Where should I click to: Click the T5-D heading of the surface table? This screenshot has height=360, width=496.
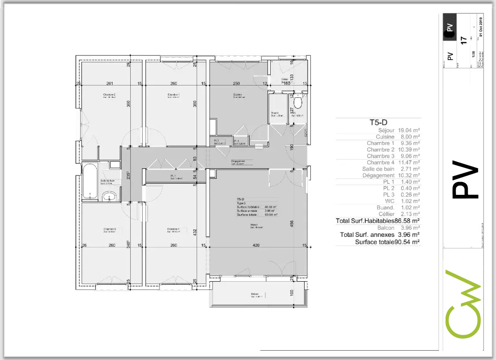tap(379, 123)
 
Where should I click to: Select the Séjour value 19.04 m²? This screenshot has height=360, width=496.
tap(409, 131)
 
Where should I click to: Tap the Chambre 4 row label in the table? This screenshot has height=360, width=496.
tap(380, 163)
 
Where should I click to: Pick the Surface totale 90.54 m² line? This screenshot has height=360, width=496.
tap(387, 242)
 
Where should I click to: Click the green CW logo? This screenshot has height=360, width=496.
tap(463, 303)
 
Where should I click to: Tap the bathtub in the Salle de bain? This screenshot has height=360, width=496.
tap(90, 182)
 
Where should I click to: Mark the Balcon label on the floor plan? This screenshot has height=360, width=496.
tap(255, 294)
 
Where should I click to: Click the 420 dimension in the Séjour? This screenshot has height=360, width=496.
tap(256, 245)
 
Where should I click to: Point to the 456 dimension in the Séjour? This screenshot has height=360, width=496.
tap(291, 224)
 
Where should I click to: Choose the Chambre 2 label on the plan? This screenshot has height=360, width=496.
tap(109, 95)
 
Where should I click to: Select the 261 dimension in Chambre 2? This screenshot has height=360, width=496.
tap(109, 84)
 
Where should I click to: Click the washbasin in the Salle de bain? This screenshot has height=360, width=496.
tap(108, 197)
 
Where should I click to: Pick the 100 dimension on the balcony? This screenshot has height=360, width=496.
tap(291, 293)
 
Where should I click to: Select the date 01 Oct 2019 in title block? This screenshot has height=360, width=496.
tap(481, 28)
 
